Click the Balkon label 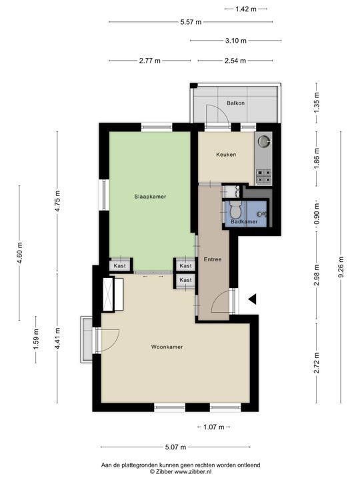coord(235,103)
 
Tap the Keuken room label coord(226,155)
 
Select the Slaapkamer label coord(150,197)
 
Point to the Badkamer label coord(243,221)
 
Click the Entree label coord(213,259)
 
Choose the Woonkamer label coord(167,347)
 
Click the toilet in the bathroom coord(234,207)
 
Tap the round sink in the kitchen coord(265,141)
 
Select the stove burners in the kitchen coord(263,176)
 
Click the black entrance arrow coord(252,300)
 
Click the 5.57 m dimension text coord(191,22)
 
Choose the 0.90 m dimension coord(317,215)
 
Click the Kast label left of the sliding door coord(120,266)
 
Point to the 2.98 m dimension coord(317,275)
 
